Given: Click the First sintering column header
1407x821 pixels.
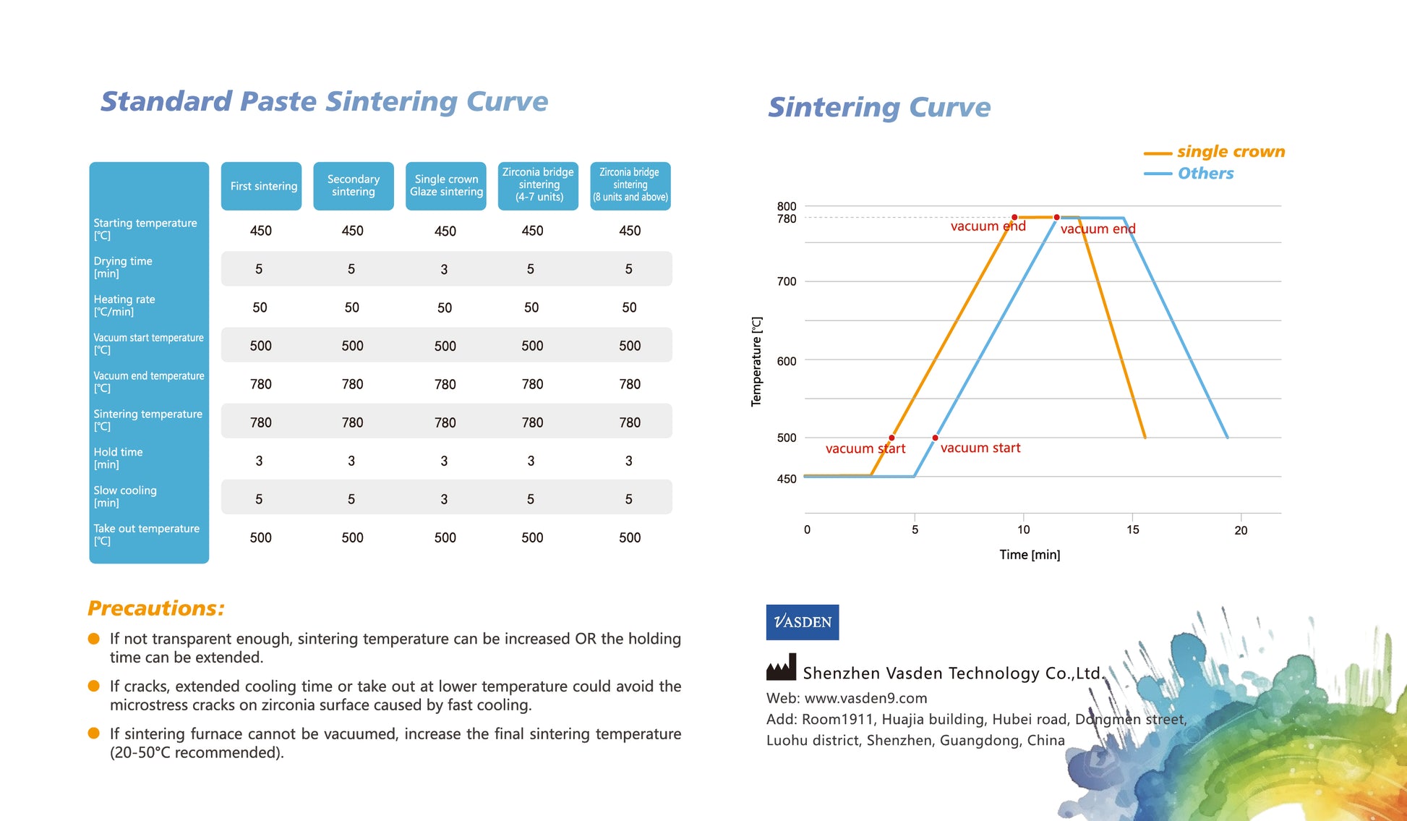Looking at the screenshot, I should (261, 186).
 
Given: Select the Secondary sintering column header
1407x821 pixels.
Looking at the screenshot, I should (354, 186).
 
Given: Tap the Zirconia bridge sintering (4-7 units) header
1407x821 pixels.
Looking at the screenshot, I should (538, 185).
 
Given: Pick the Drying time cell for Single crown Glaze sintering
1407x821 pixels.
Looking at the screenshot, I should (444, 269).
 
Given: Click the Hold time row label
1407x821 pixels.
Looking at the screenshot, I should (118, 458).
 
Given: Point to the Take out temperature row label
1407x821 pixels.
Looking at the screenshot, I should (146, 535).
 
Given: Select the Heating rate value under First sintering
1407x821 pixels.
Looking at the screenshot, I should (260, 307).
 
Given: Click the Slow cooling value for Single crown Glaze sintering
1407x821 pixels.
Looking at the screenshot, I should (444, 499).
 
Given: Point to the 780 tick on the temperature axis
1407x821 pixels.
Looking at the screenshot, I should (787, 218).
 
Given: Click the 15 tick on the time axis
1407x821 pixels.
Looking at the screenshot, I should (1132, 529).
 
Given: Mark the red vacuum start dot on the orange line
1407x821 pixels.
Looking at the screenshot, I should (891, 438).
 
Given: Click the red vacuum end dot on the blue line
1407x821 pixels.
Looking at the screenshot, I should (1056, 217).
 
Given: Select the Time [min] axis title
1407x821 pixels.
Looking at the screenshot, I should (1030, 555).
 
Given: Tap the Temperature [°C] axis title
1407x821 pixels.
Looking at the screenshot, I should (756, 362).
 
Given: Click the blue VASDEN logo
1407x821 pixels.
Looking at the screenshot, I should (803, 622).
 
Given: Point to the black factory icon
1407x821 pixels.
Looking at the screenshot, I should (781, 667).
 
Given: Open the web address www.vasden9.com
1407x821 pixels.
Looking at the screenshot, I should (865, 698).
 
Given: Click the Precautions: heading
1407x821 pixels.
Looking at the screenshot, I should (156, 608).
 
